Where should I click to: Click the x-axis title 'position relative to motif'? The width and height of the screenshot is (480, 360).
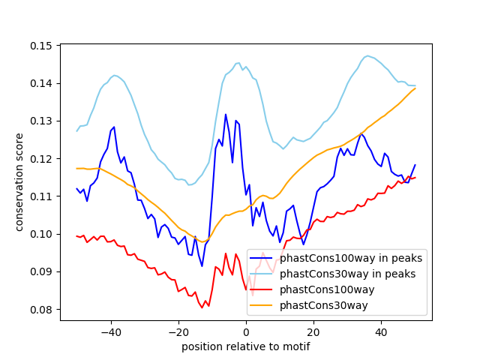click(x=245, y=346)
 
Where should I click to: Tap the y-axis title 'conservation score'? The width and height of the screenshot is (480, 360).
click(x=19, y=182)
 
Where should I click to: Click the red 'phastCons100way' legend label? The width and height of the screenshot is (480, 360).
click(x=328, y=289)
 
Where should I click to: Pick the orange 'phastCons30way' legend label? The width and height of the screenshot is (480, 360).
click(x=325, y=305)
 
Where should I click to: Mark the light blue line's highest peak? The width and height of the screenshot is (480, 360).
click(x=367, y=55)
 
